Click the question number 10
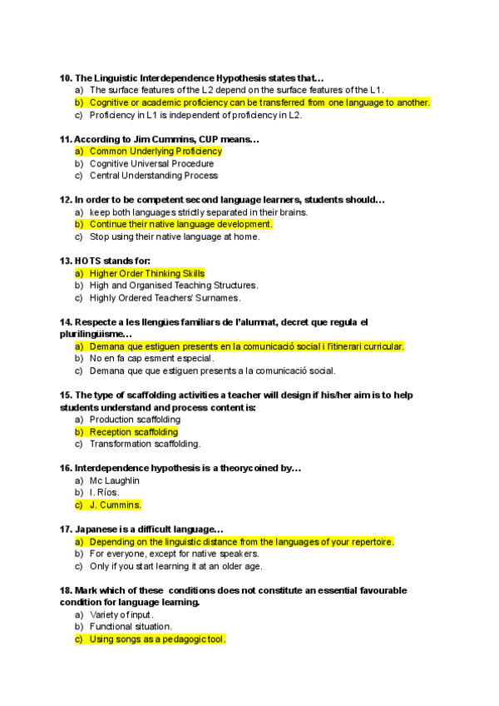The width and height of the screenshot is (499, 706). tap(66, 78)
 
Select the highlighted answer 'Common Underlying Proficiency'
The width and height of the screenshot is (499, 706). tap(156, 152)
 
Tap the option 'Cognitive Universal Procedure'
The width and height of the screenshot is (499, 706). tap(151, 164)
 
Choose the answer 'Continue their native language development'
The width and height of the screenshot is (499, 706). tap(180, 224)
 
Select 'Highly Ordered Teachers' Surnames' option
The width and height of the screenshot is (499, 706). tap(165, 297)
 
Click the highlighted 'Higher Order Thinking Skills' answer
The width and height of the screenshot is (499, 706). tap(146, 273)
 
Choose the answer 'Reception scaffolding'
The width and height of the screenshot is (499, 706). tap(133, 432)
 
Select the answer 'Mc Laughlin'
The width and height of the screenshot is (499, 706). tap(114, 480)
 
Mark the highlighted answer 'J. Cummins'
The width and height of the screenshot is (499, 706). tap(115, 505)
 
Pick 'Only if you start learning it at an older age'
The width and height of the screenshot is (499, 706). tap(175, 566)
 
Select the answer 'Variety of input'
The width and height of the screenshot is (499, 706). tap(121, 614)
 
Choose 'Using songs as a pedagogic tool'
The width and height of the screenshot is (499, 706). tap(157, 639)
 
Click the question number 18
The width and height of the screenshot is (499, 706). tap(66, 590)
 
